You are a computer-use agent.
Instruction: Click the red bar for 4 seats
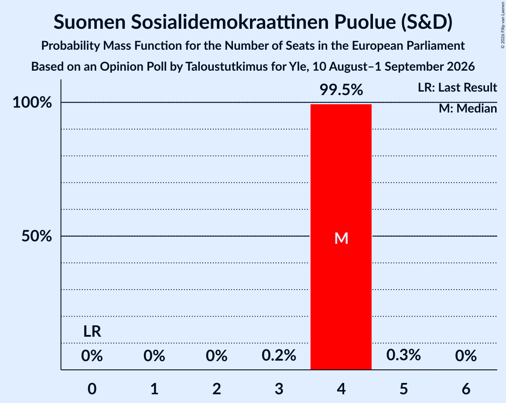[x=341, y=237]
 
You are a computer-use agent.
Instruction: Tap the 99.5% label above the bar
[x=341, y=90]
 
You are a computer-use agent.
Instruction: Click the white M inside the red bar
[x=341, y=239]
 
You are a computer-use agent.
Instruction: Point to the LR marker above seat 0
[x=92, y=331]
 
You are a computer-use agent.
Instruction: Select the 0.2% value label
[x=279, y=355]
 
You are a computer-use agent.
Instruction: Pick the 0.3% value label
[x=403, y=355]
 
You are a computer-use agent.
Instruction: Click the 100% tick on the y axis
[x=32, y=102]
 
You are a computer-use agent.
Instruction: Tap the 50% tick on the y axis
[x=37, y=236]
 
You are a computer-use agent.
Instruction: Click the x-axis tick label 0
[x=92, y=389]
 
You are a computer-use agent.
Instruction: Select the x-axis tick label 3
[x=279, y=389]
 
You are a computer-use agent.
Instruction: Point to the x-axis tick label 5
[x=403, y=389]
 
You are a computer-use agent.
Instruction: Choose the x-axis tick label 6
[x=466, y=389]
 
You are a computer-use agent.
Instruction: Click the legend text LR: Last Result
[x=457, y=87]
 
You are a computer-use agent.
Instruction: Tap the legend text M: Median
[x=468, y=109]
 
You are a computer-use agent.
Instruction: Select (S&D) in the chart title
[x=427, y=22]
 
